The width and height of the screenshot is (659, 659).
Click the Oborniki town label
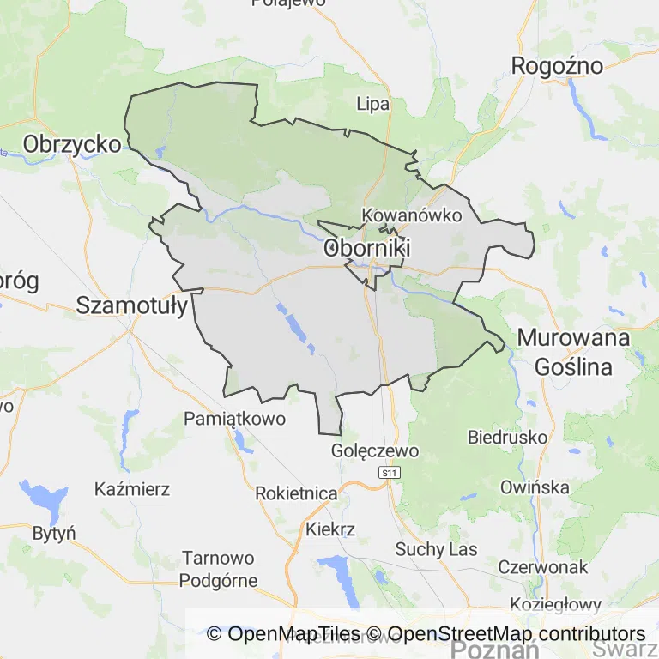pyautogui.click(x=367, y=249)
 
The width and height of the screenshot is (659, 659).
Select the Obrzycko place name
pyautogui.click(x=72, y=143)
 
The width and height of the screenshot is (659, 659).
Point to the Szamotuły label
pyautogui.click(x=132, y=305)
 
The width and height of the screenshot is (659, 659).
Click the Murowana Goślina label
pyautogui.click(x=573, y=352)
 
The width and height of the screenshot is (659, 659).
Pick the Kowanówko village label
pyautogui.click(x=412, y=215)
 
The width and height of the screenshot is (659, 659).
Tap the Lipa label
pyautogui.click(x=372, y=105)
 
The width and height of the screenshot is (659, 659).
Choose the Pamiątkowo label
pyautogui.click(x=234, y=419)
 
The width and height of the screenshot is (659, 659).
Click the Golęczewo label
pyautogui.click(x=375, y=450)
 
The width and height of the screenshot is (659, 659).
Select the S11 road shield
pyautogui.click(x=390, y=473)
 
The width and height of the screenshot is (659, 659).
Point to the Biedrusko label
pyautogui.click(x=507, y=437)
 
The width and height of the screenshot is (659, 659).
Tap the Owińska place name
pyautogui.click(x=535, y=487)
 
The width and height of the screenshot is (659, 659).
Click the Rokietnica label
pyautogui.click(x=296, y=493)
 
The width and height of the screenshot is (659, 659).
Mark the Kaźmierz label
pyautogui.click(x=132, y=490)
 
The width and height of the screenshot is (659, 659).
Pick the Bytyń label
pyautogui.click(x=53, y=533)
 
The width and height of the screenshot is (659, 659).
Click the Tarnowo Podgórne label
pyautogui.click(x=218, y=569)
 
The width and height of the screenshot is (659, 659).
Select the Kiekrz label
pyautogui.click(x=330, y=529)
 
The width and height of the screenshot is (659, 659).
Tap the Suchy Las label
pyautogui.click(x=436, y=549)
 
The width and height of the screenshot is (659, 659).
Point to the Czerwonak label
pyautogui.click(x=542, y=567)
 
